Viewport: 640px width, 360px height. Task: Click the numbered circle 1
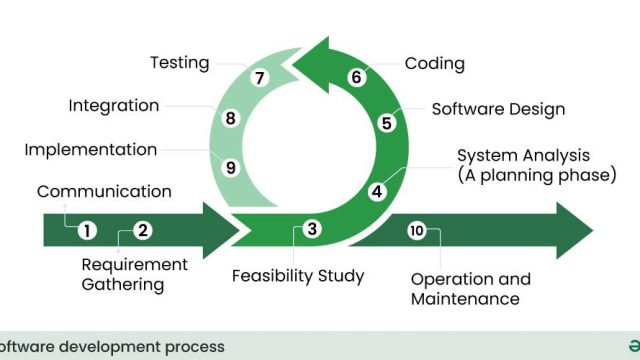(87, 231)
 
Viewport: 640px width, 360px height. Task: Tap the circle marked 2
(143, 230)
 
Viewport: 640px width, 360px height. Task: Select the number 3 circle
(312, 229)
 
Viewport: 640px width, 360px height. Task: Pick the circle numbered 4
(377, 191)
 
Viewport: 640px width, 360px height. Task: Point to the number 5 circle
(387, 123)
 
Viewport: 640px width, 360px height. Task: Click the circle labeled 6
(356, 77)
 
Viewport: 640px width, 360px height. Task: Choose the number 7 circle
(260, 78)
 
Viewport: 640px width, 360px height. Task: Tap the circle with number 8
(231, 118)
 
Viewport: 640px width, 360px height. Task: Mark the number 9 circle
(231, 167)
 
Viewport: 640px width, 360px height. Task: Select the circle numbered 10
(417, 231)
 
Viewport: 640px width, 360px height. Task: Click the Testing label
(180, 63)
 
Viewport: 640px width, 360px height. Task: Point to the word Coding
(435, 64)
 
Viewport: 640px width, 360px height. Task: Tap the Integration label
(114, 106)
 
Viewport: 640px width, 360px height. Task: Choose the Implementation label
(91, 150)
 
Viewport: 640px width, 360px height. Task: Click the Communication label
(104, 191)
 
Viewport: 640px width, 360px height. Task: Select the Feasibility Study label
(298, 276)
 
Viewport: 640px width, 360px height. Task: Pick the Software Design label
(498, 109)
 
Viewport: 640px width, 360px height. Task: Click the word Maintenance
(465, 299)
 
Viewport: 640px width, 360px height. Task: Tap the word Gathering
(123, 285)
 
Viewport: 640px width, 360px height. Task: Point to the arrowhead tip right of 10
(593, 231)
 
